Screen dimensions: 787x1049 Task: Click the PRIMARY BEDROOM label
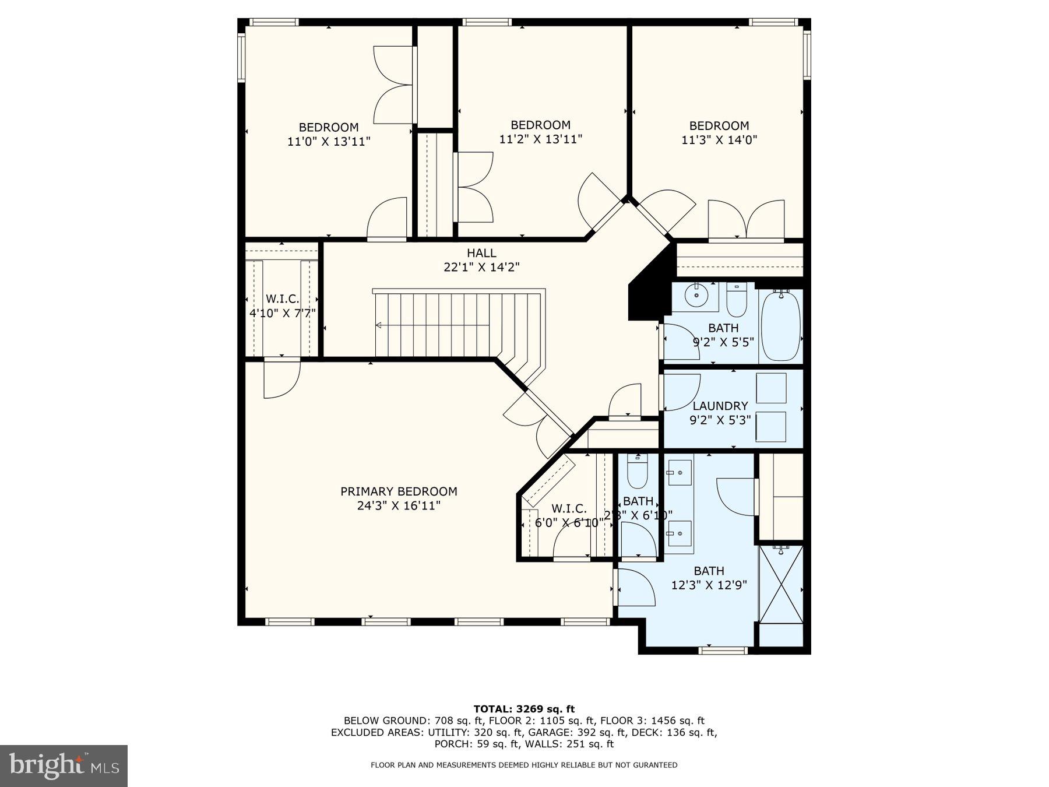[399, 491]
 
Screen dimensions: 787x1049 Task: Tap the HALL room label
[481, 253]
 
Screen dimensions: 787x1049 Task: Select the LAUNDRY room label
[720, 406]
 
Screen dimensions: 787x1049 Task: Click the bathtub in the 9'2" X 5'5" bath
[781, 326]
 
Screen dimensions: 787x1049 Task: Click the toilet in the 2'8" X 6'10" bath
[637, 473]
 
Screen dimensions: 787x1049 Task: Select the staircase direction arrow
[379, 325]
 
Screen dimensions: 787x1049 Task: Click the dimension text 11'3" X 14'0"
[719, 140]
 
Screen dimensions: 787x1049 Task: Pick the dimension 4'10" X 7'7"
[283, 313]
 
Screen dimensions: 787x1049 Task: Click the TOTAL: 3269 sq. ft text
[524, 709]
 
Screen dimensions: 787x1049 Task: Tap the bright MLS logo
[64, 765]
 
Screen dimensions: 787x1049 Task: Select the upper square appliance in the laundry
[771, 388]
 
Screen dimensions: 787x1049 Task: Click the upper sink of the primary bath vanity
[680, 472]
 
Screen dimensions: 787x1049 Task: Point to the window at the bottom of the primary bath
[723, 649]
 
